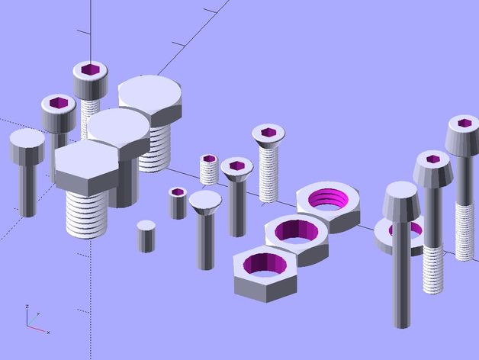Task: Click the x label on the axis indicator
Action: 47,333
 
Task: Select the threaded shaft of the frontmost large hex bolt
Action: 85,214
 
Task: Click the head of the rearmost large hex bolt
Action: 150,99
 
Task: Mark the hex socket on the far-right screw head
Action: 464,122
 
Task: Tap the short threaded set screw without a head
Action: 210,169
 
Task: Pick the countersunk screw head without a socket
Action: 205,201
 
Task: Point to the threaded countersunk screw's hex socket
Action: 268,132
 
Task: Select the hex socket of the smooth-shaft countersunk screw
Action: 236,164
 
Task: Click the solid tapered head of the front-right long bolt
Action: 402,200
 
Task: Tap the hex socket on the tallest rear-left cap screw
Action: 91,70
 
